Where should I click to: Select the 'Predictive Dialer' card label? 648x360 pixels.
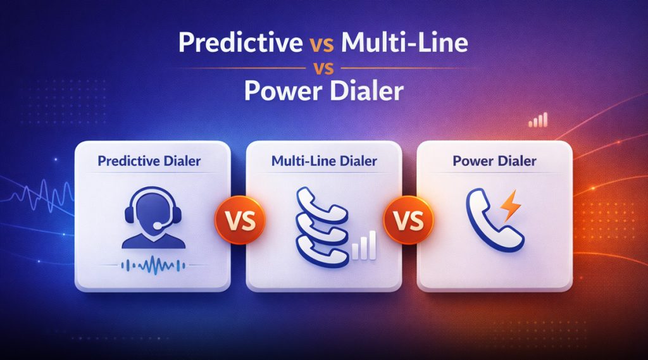[149, 161]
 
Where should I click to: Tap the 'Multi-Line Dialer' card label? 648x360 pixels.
[324, 161]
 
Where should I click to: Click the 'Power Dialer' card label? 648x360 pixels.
[495, 161]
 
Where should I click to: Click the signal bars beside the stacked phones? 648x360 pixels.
[365, 246]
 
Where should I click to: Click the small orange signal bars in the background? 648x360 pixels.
[537, 120]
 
